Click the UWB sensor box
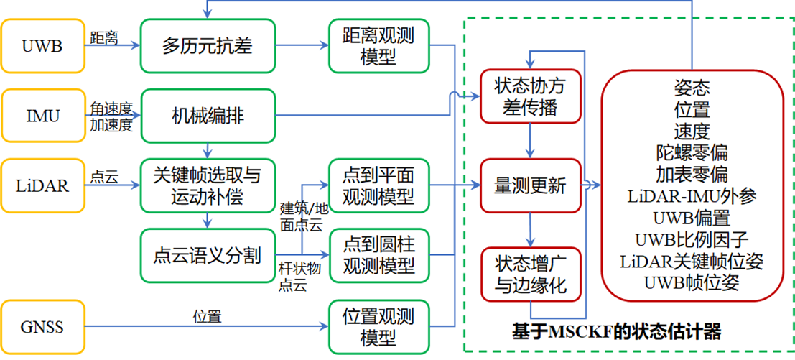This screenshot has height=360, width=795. [42, 47]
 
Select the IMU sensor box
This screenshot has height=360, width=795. [42, 116]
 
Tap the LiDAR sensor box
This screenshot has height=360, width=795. [42, 185]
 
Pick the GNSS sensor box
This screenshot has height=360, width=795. [42, 327]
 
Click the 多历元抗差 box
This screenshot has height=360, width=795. [208, 47]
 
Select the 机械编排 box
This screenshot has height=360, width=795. [208, 116]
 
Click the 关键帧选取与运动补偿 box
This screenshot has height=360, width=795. [208, 185]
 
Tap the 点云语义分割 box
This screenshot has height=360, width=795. [208, 255]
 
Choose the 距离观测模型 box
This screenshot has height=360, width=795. [379, 46]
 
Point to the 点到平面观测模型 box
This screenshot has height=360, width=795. [379, 185]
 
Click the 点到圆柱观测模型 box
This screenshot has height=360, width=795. [379, 255]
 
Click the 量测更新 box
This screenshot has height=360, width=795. [530, 185]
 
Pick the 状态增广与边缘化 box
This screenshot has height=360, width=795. [530, 274]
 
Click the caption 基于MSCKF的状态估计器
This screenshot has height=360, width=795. [615, 332]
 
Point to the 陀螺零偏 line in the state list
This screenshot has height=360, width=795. [692, 152]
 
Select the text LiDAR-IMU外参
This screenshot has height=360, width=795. [692, 195]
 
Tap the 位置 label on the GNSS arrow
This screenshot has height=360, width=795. [207, 316]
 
